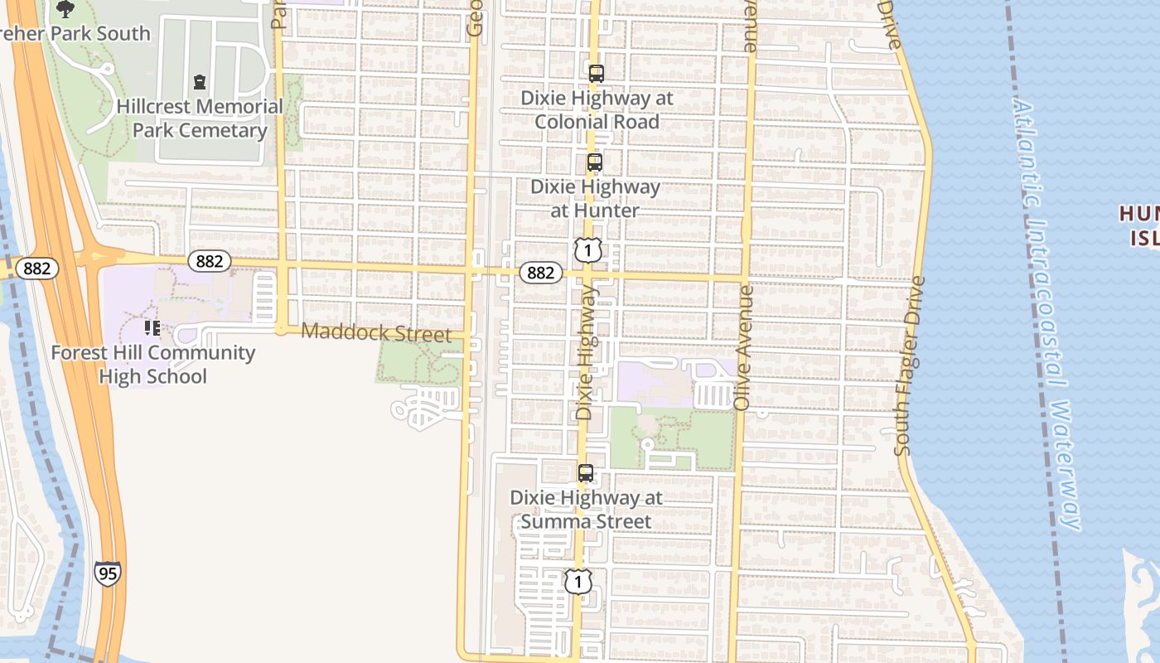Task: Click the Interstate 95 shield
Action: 107,573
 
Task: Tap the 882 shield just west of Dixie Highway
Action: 540,273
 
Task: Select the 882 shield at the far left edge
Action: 37,268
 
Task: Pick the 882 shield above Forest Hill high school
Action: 210,261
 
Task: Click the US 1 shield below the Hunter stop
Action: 587,249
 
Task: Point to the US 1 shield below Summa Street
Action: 578,581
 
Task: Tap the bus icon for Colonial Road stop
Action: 596,73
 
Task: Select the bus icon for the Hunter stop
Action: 594,162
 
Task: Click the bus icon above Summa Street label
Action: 586,474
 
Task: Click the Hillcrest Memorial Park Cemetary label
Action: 200,119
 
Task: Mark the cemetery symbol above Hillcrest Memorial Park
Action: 200,82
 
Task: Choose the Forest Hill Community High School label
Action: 152,365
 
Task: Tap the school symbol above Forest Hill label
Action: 152,328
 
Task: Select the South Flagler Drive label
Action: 909,365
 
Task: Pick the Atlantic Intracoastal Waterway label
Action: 1048,315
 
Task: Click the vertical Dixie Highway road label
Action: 585,352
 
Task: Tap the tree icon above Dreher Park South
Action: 65,9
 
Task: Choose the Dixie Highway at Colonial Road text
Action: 597,109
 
